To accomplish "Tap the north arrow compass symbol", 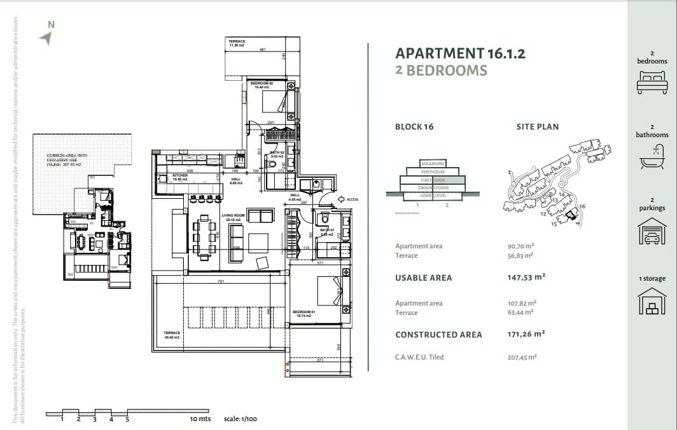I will pyautogui.click(x=45, y=39).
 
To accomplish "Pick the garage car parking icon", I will pyautogui.click(x=652, y=231).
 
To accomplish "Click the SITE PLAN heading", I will pyautogui.click(x=537, y=126).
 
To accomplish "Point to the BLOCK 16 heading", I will pyautogui.click(x=414, y=126).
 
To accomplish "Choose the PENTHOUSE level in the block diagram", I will pyautogui.click(x=433, y=171).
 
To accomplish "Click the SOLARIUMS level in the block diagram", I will pyautogui.click(x=433, y=164).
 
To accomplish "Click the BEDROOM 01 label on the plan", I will pyautogui.click(x=303, y=312).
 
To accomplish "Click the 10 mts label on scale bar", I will pyautogui.click(x=200, y=419).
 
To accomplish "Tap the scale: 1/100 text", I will pyautogui.click(x=240, y=419).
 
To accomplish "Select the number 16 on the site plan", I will pyautogui.click(x=582, y=207).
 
